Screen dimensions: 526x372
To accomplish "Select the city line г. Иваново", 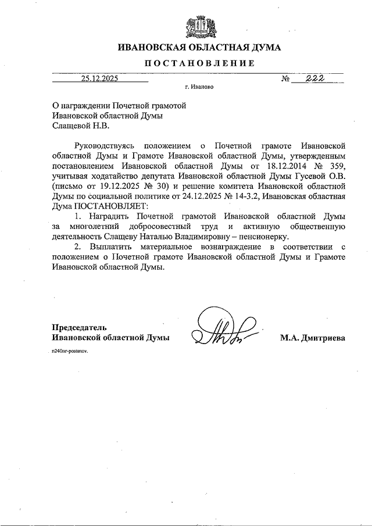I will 199,89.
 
